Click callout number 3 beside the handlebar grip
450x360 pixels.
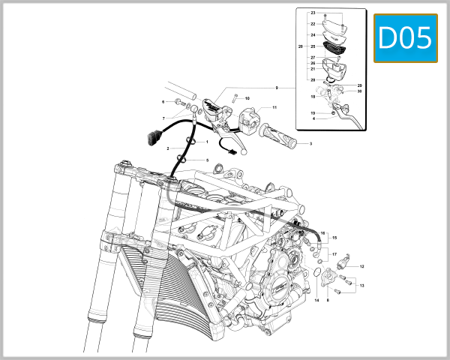point(310,143)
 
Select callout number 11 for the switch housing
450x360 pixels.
point(274,108)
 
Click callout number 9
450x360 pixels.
point(276,88)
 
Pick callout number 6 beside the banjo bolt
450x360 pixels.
point(163,101)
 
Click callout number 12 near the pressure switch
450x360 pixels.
point(361,267)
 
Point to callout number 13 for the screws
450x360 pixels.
point(362,286)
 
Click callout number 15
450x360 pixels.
point(335,238)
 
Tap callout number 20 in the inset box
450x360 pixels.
point(299,46)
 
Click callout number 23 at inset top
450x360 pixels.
point(313,13)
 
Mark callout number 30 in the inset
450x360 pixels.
point(359,91)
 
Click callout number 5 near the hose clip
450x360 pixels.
point(207,160)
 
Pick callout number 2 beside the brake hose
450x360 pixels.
point(168,148)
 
